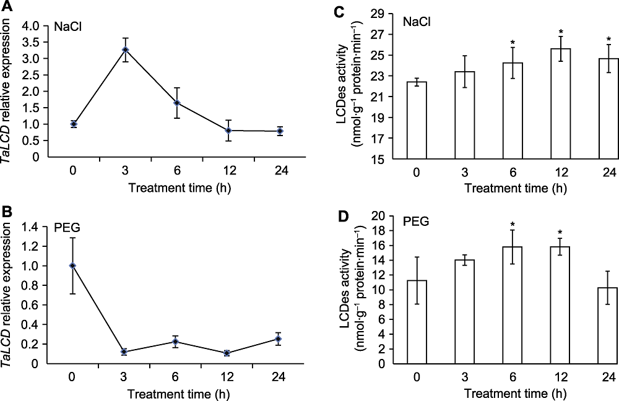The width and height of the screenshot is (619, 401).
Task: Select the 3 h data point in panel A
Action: tap(126, 50)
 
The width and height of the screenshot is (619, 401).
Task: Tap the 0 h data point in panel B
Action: tap(73, 265)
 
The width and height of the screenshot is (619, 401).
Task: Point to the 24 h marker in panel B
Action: tap(279, 338)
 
